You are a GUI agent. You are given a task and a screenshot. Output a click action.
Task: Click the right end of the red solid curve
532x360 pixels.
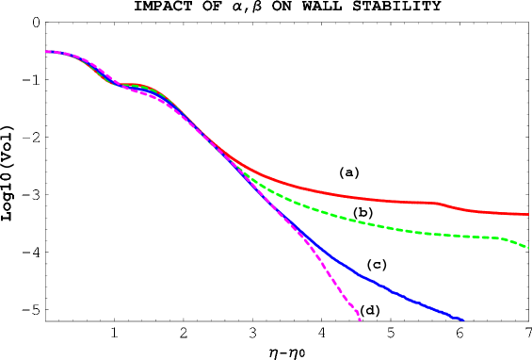(527, 215)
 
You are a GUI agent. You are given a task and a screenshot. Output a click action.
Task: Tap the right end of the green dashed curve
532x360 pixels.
(528, 247)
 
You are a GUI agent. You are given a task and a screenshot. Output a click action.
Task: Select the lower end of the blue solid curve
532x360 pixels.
(463, 320)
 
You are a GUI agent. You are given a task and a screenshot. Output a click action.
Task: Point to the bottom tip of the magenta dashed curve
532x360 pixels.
(360, 320)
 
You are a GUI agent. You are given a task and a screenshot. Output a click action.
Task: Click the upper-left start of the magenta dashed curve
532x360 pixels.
(47, 52)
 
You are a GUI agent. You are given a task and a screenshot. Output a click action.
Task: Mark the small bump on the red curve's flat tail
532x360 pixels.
(435, 203)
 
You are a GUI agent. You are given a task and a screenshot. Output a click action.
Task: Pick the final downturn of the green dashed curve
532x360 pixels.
(513, 240)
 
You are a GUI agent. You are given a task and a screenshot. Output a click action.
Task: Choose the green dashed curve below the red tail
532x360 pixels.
(395, 228)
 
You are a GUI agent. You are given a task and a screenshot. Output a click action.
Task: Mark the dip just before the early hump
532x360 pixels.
(115, 84)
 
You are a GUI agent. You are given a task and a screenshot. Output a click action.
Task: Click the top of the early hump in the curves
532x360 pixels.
(132, 85)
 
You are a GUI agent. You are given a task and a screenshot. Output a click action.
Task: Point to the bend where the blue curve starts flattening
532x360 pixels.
(320, 250)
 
